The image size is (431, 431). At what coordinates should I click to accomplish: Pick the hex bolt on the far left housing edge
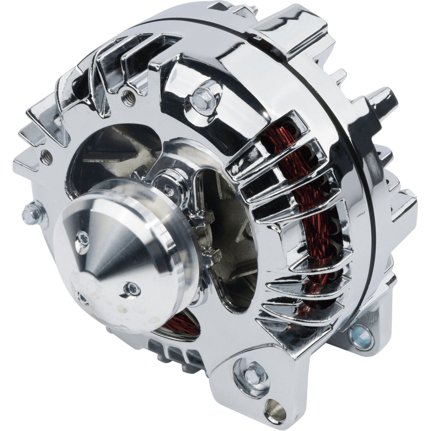pos(28,215)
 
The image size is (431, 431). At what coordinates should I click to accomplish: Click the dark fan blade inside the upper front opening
pos(108,151)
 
